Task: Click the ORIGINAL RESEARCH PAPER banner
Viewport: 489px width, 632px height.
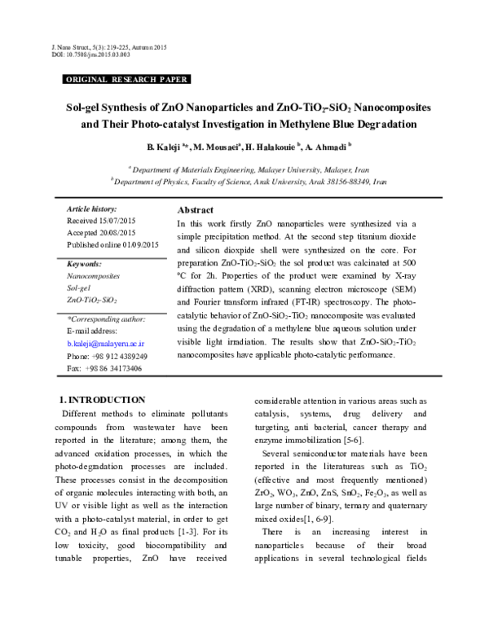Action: (126, 80)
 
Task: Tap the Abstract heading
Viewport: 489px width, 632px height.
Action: (196, 210)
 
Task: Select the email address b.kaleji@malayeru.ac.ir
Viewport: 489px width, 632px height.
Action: (110, 345)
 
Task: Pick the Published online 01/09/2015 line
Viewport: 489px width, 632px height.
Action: (112, 245)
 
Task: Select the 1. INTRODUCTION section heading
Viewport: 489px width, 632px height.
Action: (103, 400)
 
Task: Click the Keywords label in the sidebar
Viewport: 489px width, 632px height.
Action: (85, 265)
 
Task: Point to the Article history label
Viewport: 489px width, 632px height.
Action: (92, 209)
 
